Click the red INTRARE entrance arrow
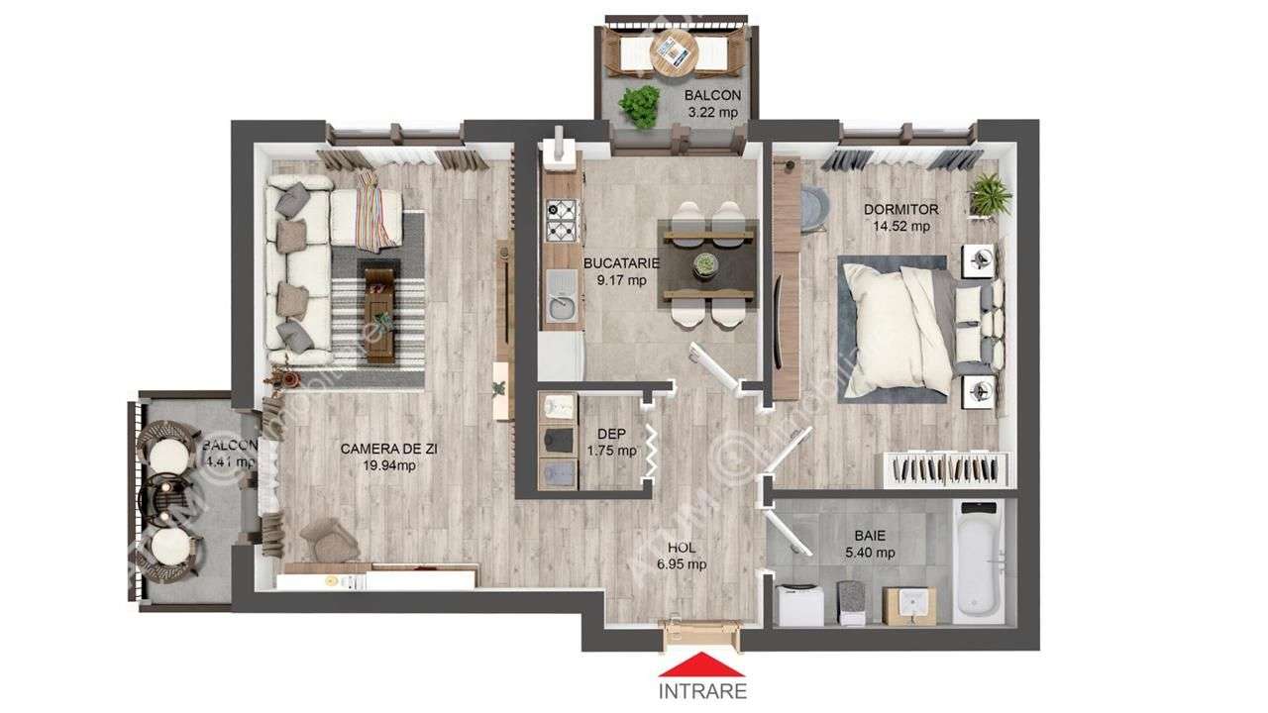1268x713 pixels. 702,663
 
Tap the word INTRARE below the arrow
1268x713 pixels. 702,691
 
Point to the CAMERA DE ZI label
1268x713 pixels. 389,449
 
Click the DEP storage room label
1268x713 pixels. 610,434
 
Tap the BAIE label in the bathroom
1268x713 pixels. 871,535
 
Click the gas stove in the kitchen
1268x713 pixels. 562,220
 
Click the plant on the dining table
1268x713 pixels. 705,263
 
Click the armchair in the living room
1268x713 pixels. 328,539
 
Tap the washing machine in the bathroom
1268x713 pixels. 798,604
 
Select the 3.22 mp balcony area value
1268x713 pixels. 713,112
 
